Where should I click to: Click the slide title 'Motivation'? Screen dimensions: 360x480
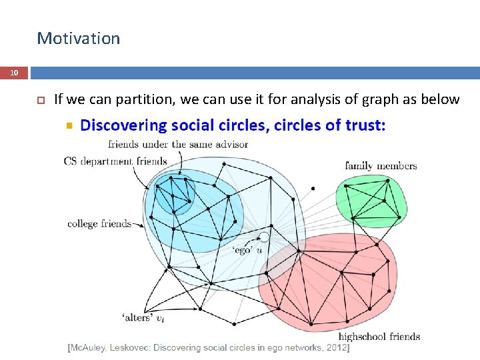78,39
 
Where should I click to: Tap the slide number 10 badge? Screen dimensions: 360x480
14,72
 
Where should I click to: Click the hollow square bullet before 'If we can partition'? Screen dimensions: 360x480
40,100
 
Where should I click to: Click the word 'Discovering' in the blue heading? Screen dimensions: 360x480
123,125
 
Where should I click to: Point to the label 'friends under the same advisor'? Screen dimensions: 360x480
178,144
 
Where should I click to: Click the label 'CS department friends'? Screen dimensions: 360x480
115,161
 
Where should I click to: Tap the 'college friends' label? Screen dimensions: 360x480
99,224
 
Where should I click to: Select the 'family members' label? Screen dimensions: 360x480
381,166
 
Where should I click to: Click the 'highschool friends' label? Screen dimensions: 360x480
379,337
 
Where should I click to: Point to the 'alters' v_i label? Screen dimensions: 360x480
143,317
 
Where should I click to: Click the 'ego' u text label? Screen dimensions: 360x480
247,250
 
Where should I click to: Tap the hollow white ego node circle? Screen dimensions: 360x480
264,237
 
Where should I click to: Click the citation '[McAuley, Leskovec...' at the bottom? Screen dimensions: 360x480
208,348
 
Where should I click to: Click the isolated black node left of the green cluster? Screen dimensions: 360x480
313,189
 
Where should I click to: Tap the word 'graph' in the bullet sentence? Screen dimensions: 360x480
392,99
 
